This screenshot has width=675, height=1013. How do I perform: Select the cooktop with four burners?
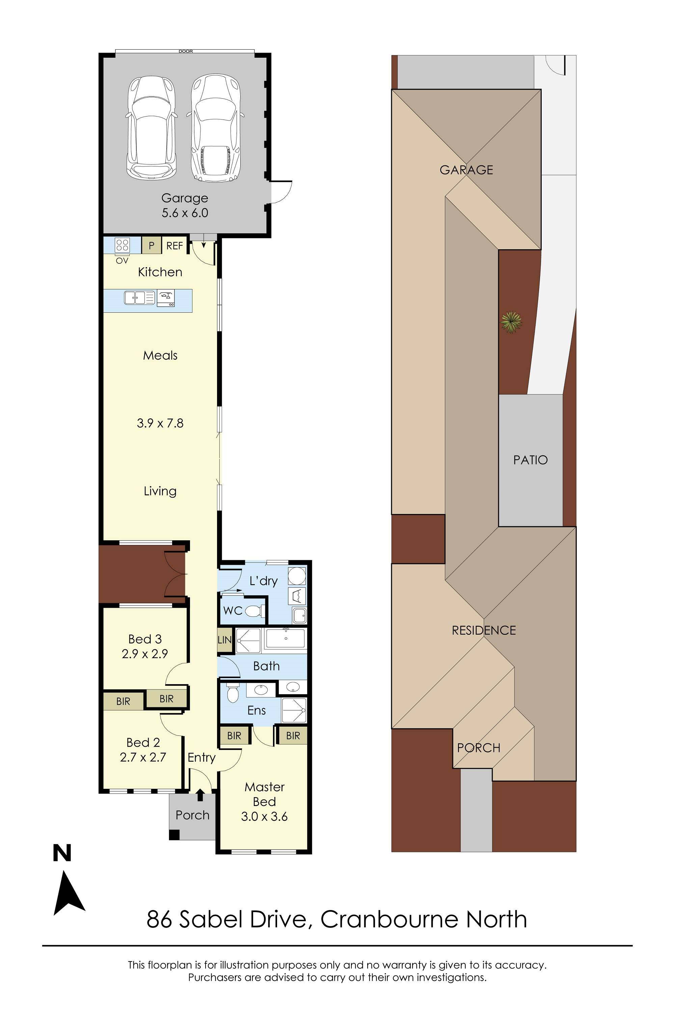tap(122, 245)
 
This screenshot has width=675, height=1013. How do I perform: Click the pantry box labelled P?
tap(151, 245)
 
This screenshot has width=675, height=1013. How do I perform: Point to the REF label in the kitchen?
tap(174, 246)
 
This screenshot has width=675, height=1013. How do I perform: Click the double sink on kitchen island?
tap(139, 297)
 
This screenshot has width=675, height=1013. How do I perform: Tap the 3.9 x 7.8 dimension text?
tap(160, 423)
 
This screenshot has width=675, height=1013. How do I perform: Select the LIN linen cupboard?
tap(224, 640)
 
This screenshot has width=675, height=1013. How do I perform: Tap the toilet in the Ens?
tap(233, 692)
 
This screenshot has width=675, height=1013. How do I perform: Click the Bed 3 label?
tap(145, 639)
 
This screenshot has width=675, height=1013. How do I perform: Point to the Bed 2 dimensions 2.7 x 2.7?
tap(143, 757)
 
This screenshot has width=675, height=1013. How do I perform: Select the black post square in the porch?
tap(174, 834)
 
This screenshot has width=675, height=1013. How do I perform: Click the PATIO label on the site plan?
tap(530, 460)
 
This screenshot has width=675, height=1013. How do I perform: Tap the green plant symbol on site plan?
tap(511, 322)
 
